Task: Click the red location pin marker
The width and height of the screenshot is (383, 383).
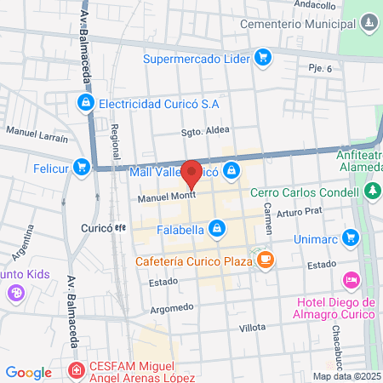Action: click(192, 173)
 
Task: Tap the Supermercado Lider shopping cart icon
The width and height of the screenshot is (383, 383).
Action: click(263, 58)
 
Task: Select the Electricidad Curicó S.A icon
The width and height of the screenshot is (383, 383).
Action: click(85, 104)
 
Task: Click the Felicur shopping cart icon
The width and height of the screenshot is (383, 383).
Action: click(81, 167)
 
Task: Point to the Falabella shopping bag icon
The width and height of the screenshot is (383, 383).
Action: click(218, 228)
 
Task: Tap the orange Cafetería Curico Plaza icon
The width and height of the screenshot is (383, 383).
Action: click(266, 260)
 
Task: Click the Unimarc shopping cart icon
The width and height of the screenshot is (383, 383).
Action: click(349, 237)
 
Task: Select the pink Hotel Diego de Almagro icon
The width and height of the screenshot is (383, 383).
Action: click(350, 280)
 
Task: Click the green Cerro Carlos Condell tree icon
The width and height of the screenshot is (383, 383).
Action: click(373, 191)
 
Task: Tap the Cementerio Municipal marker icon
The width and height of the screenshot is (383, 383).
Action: click(368, 20)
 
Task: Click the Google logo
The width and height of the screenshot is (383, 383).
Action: click(28, 372)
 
